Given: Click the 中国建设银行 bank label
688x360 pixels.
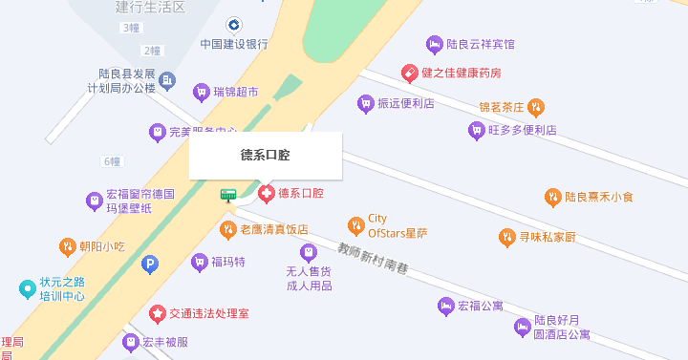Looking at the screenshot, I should pos(234,44).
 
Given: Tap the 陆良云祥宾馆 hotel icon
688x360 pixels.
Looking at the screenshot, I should pos(435,44).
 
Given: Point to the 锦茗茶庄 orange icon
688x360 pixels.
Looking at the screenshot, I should pos(537,107).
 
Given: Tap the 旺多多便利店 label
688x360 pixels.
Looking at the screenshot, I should pos(522,130).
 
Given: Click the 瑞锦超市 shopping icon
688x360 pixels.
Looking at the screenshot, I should pos(201,93).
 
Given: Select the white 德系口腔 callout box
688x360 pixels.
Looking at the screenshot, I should pos(265,156).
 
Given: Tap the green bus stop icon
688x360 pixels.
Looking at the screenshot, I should pos(228,195).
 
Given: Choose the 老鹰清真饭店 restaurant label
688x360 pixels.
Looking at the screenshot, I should pos(273,229).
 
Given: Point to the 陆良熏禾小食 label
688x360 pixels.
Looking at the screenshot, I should pos(598,198).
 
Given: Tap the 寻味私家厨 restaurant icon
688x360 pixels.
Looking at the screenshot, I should pos(507,237).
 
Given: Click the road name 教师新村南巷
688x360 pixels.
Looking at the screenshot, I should pos(373,259).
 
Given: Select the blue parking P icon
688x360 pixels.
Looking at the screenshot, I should pos(149,264).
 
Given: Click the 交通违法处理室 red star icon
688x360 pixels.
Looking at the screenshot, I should pos(158,313).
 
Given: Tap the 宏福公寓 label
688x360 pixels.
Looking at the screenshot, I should pos(480,307).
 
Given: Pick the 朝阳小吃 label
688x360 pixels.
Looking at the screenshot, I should pos(102,246).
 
